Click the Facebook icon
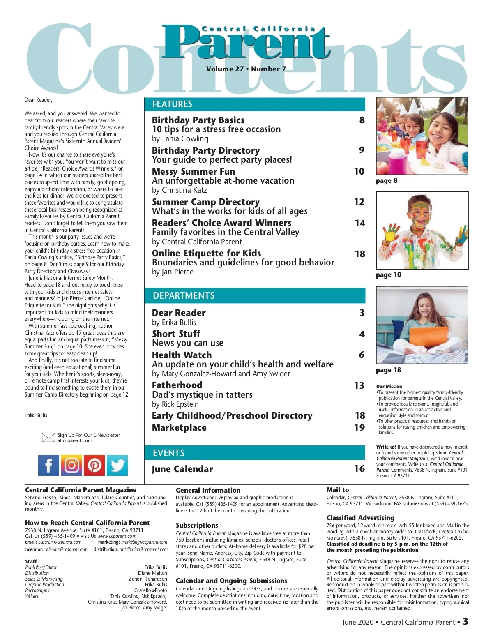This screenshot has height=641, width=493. click(48, 465)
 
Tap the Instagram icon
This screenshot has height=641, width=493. click(71, 465)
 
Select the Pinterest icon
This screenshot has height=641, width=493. click(94, 465)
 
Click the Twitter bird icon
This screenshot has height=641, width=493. click(117, 465)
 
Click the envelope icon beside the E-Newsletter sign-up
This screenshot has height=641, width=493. click(48, 438)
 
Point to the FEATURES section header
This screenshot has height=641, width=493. click(172, 104)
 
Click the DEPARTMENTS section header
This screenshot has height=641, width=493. click(183, 296)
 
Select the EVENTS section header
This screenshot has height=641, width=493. click(168, 453)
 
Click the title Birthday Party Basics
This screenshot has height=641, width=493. click(198, 120)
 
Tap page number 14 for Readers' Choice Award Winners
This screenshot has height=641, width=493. click(360, 223)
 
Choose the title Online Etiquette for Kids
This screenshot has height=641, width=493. click(206, 253)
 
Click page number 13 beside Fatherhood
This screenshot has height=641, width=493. click(359, 385)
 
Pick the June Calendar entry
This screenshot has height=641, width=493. click(182, 469)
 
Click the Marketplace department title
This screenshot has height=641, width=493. click(179, 427)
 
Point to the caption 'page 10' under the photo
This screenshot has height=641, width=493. click(388, 275)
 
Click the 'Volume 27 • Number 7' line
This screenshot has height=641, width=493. click(246, 69)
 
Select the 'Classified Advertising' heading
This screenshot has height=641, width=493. click(360, 518)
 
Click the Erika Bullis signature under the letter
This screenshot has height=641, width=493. click(36, 415)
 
